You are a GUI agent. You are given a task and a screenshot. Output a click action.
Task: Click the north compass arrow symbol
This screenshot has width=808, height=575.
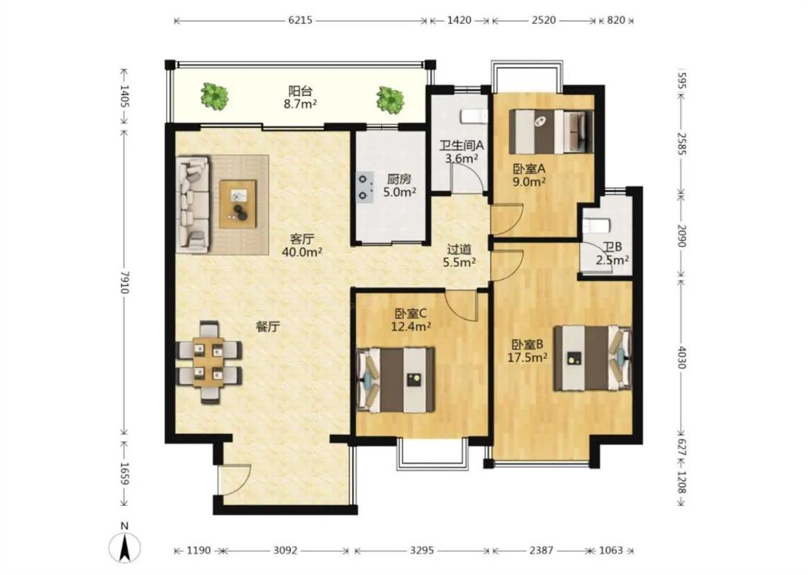click(124, 547)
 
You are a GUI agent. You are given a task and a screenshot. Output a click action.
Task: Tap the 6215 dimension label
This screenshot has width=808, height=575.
click(300, 21)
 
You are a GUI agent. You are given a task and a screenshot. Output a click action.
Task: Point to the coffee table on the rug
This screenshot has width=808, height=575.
click(238, 203)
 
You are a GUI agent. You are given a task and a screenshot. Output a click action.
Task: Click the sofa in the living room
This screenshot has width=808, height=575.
click(192, 205)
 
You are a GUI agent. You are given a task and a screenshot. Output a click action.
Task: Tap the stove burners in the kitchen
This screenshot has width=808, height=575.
click(365, 187)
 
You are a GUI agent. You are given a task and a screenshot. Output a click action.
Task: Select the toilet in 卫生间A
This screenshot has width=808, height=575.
click(473, 116)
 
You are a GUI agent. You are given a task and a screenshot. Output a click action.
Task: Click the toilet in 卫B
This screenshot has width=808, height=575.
click(595, 226)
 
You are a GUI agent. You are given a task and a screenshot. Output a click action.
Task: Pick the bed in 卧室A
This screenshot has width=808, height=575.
click(552, 132)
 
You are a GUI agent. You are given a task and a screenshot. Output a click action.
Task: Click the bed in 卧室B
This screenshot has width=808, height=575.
click(593, 357)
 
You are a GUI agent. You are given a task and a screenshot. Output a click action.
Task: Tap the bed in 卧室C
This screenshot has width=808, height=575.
click(396, 380)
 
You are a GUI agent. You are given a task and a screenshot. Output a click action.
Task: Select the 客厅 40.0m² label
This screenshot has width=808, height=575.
click(302, 246)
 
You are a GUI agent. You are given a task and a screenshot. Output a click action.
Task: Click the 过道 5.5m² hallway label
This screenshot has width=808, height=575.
click(459, 256)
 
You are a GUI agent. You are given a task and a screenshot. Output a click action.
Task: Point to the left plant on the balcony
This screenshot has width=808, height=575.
click(214, 96)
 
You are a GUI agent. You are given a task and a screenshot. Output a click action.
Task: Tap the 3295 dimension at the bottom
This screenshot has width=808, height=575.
click(422, 551)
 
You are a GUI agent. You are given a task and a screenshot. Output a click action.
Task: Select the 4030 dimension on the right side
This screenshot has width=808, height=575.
click(682, 357)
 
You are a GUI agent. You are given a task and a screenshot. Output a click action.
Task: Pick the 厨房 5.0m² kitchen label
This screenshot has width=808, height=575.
click(399, 185)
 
